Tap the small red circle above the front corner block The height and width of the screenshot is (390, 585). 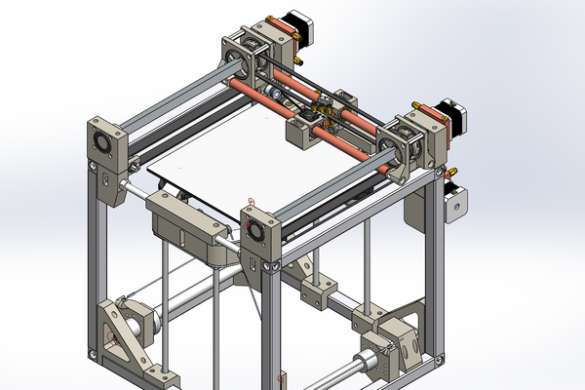252,203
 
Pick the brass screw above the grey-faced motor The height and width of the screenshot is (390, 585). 450,175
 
